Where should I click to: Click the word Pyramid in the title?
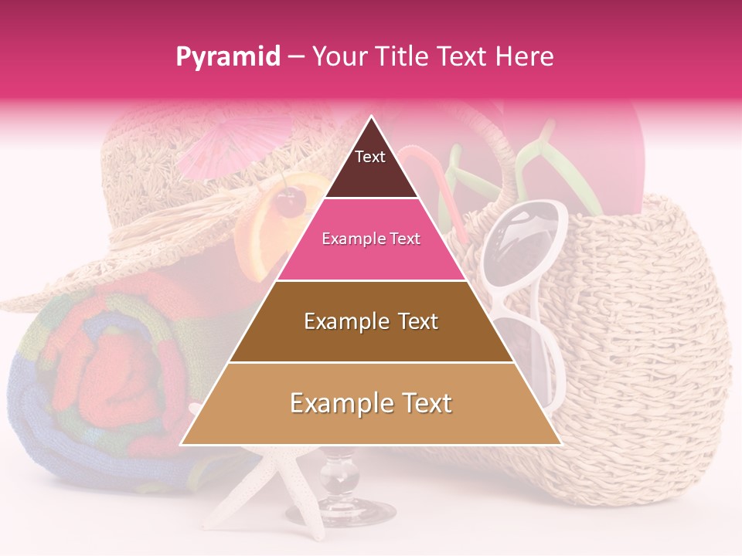[227, 57]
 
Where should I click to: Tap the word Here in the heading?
[525, 56]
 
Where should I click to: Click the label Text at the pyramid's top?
[370, 157]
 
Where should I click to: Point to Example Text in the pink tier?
[371, 239]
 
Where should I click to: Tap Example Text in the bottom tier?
[371, 403]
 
